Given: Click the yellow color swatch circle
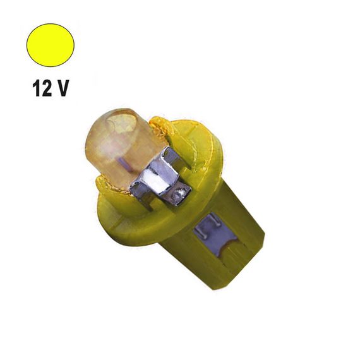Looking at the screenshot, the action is coord(51,45).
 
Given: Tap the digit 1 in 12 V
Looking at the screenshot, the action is coord(37,88).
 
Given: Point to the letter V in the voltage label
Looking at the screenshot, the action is coord(62,88).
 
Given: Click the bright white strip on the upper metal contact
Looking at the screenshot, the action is coord(153,181).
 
